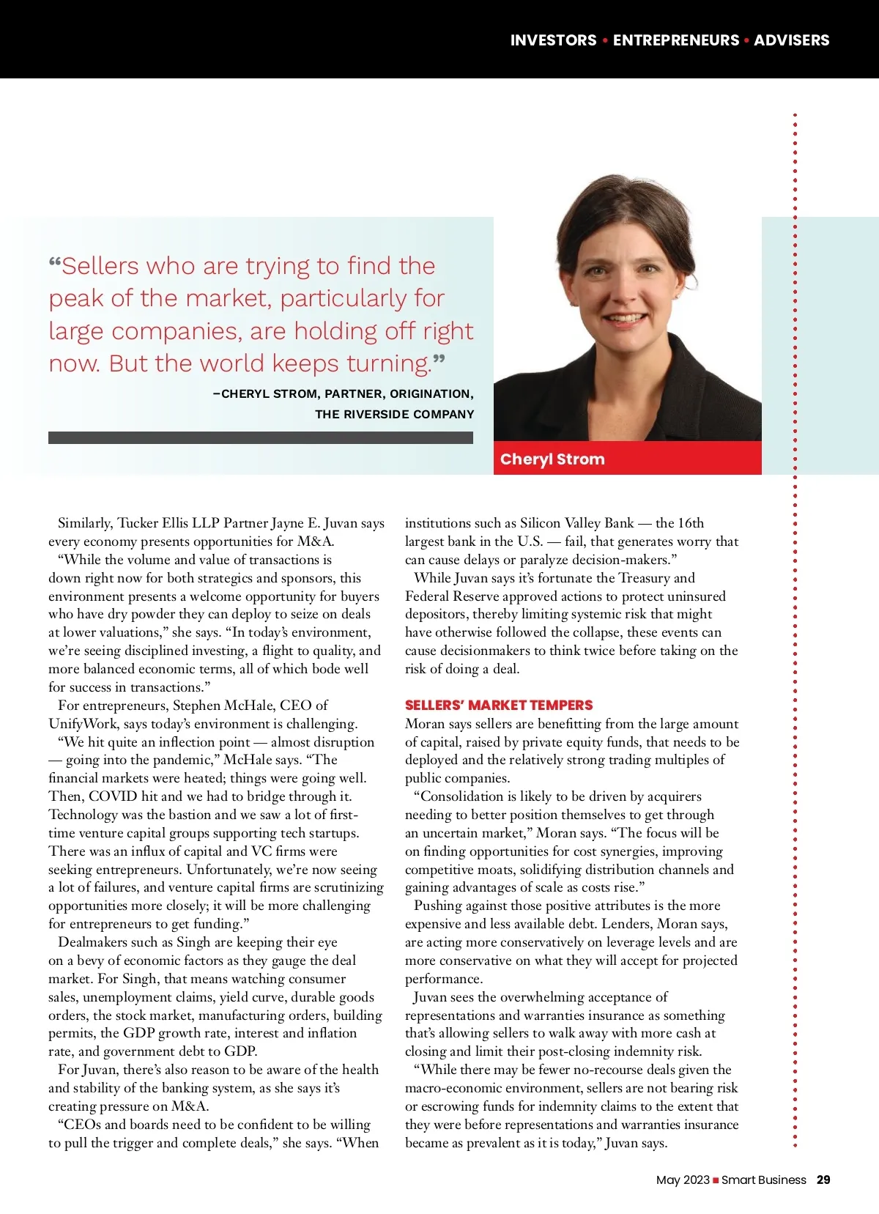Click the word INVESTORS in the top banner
(553, 40)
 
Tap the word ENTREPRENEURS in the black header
(676, 40)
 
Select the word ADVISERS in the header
(791, 40)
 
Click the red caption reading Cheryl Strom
(552, 459)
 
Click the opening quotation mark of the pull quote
(55, 262)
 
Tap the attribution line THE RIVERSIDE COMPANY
(394, 415)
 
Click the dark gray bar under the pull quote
(260, 437)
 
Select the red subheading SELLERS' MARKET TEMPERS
(499, 706)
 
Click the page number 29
(823, 1180)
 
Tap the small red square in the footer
(716, 1180)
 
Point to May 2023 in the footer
(683, 1180)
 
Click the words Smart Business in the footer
(764, 1180)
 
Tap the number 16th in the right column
(690, 523)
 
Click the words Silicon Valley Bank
(576, 523)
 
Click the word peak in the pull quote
(76, 299)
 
